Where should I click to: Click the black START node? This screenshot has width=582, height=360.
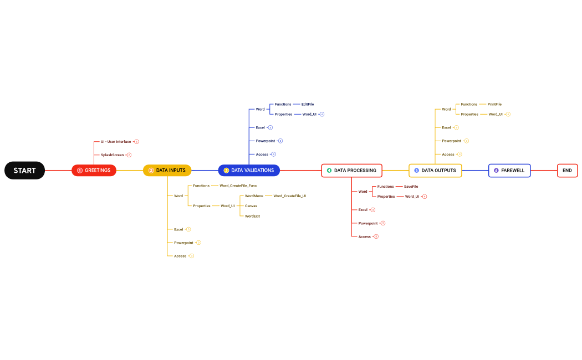click(24, 171)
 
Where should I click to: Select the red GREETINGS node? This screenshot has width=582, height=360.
click(94, 171)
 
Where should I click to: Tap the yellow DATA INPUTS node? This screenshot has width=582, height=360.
click(167, 171)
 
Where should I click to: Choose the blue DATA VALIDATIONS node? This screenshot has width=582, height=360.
click(249, 171)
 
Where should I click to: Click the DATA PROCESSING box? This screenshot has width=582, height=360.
click(351, 171)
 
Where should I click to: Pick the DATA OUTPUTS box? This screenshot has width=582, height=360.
click(435, 171)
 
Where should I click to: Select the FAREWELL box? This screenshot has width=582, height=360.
click(509, 171)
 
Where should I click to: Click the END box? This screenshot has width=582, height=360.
click(567, 171)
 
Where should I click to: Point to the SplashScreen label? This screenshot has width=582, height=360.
click(112, 155)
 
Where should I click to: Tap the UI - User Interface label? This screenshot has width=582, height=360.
click(116, 142)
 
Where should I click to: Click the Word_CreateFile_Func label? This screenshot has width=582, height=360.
click(238, 186)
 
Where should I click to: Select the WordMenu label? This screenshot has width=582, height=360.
click(254, 196)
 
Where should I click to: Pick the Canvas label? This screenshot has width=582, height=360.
click(251, 206)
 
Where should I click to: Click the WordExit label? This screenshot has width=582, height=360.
click(252, 216)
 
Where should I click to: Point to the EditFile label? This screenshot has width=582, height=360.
click(308, 104)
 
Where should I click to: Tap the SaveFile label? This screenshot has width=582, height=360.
click(411, 187)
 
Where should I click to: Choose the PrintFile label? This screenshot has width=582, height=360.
click(494, 104)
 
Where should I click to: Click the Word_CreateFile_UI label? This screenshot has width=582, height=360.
click(289, 196)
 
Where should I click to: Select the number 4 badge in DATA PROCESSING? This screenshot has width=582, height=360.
click(329, 171)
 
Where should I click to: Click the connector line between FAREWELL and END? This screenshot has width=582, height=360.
click(544, 171)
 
